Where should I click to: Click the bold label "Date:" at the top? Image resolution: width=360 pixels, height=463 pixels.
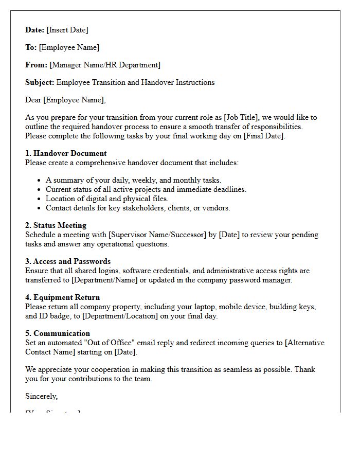pos(35,30)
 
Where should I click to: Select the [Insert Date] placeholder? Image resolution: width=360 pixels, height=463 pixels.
pos(67,30)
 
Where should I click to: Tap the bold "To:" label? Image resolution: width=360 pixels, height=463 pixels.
pos(31,47)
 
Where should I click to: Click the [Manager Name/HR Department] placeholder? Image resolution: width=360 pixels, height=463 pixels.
pos(105,65)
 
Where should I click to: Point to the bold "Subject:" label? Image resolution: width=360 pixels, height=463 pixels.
pos(40,82)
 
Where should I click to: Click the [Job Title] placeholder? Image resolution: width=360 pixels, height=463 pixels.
pos(244,117)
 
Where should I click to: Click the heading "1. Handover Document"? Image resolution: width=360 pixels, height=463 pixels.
pos(66,153)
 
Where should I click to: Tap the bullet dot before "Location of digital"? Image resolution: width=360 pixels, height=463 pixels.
pos(39,199)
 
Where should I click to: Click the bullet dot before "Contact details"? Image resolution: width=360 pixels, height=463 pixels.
pos(39,208)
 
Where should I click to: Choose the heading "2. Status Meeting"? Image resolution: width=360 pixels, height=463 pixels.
pos(56,225)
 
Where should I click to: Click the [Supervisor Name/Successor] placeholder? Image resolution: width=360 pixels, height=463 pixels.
pos(157,235)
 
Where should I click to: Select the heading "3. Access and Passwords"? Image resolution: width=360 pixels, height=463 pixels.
pos(68,261)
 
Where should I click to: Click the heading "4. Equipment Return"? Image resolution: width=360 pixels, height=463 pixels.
pos(62,297)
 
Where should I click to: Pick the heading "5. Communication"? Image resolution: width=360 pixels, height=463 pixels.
pos(58,333)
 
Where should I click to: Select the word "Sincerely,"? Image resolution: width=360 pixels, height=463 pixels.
pos(42,396)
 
